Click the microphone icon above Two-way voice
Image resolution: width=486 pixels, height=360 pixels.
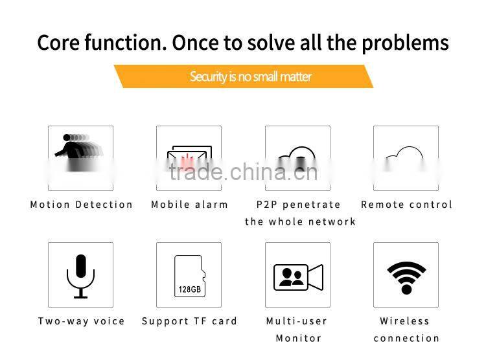[80, 275]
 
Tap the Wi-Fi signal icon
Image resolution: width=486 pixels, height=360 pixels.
[406, 277]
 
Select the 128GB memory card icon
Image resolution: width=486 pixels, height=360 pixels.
[189, 276]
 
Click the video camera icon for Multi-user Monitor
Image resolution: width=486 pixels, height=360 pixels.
[298, 278]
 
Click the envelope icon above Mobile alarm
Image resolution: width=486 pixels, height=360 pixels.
[189, 159]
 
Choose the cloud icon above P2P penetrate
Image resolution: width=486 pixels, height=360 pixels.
[297, 159]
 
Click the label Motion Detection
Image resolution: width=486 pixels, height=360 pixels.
[82, 205]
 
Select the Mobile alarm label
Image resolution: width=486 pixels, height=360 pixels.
[190, 205]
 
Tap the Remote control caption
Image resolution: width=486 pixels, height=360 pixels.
[406, 205]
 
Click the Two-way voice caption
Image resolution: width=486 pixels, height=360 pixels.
[82, 321]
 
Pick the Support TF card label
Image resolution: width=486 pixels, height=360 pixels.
[190, 321]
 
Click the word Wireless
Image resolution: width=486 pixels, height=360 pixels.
[405, 321]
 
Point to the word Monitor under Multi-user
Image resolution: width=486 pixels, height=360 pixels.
[299, 338]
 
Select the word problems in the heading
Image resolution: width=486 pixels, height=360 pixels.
[405, 43]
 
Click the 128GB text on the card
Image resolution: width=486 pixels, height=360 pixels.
[189, 289]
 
